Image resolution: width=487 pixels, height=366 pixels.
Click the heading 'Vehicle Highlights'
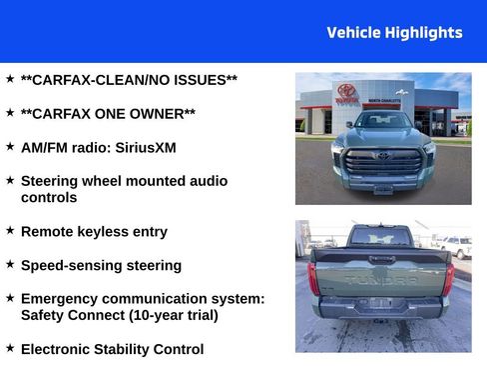(x=394, y=33)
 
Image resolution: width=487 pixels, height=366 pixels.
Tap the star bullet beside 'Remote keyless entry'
(x=10, y=230)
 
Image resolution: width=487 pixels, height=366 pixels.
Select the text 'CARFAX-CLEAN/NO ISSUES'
(x=129, y=79)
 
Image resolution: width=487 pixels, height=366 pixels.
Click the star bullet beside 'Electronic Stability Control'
(x=10, y=348)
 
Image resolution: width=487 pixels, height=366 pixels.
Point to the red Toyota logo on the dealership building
(x=346, y=91)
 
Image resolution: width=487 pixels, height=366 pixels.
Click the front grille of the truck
(x=383, y=160)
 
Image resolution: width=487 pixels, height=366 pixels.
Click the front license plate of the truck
(x=383, y=187)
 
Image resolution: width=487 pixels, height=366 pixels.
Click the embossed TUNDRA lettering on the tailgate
(x=382, y=279)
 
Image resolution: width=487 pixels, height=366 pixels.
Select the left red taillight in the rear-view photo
(x=313, y=277)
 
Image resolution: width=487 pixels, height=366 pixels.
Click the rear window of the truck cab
(x=382, y=238)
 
